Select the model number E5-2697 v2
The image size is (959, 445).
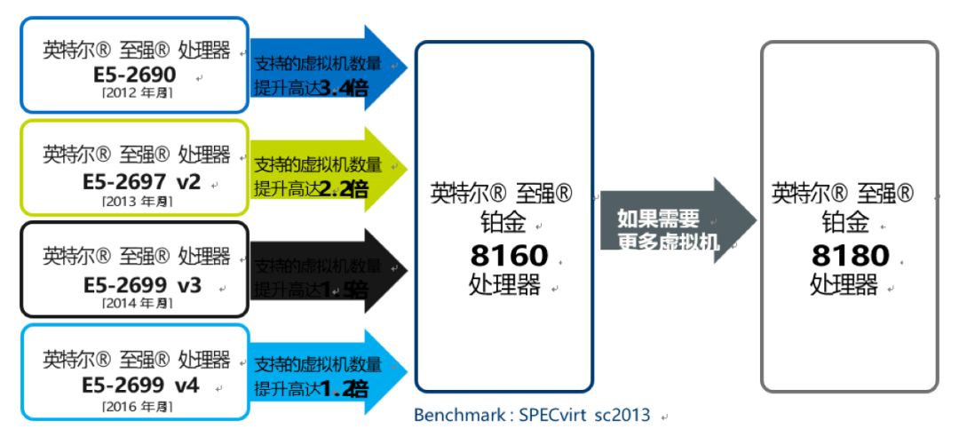pyautogui.click(x=142, y=181)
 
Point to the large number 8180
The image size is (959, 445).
pyautogui.click(x=850, y=256)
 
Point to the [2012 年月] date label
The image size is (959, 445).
pyautogui.click(x=137, y=93)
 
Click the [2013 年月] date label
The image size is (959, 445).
pyautogui.click(x=137, y=201)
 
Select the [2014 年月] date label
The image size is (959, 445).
pyautogui.click(x=137, y=303)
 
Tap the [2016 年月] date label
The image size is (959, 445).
pyautogui.click(x=137, y=406)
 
